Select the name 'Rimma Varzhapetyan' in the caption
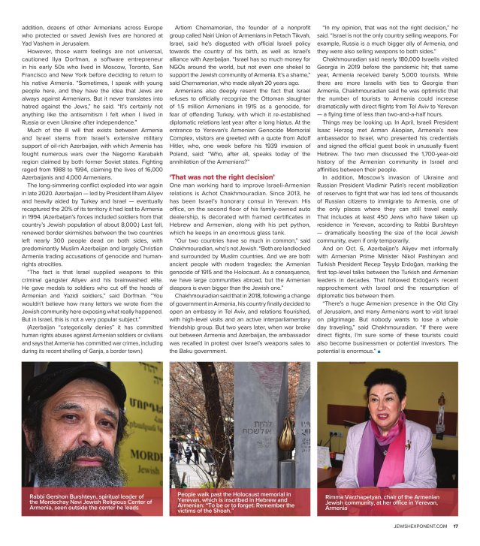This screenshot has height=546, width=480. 358,497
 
